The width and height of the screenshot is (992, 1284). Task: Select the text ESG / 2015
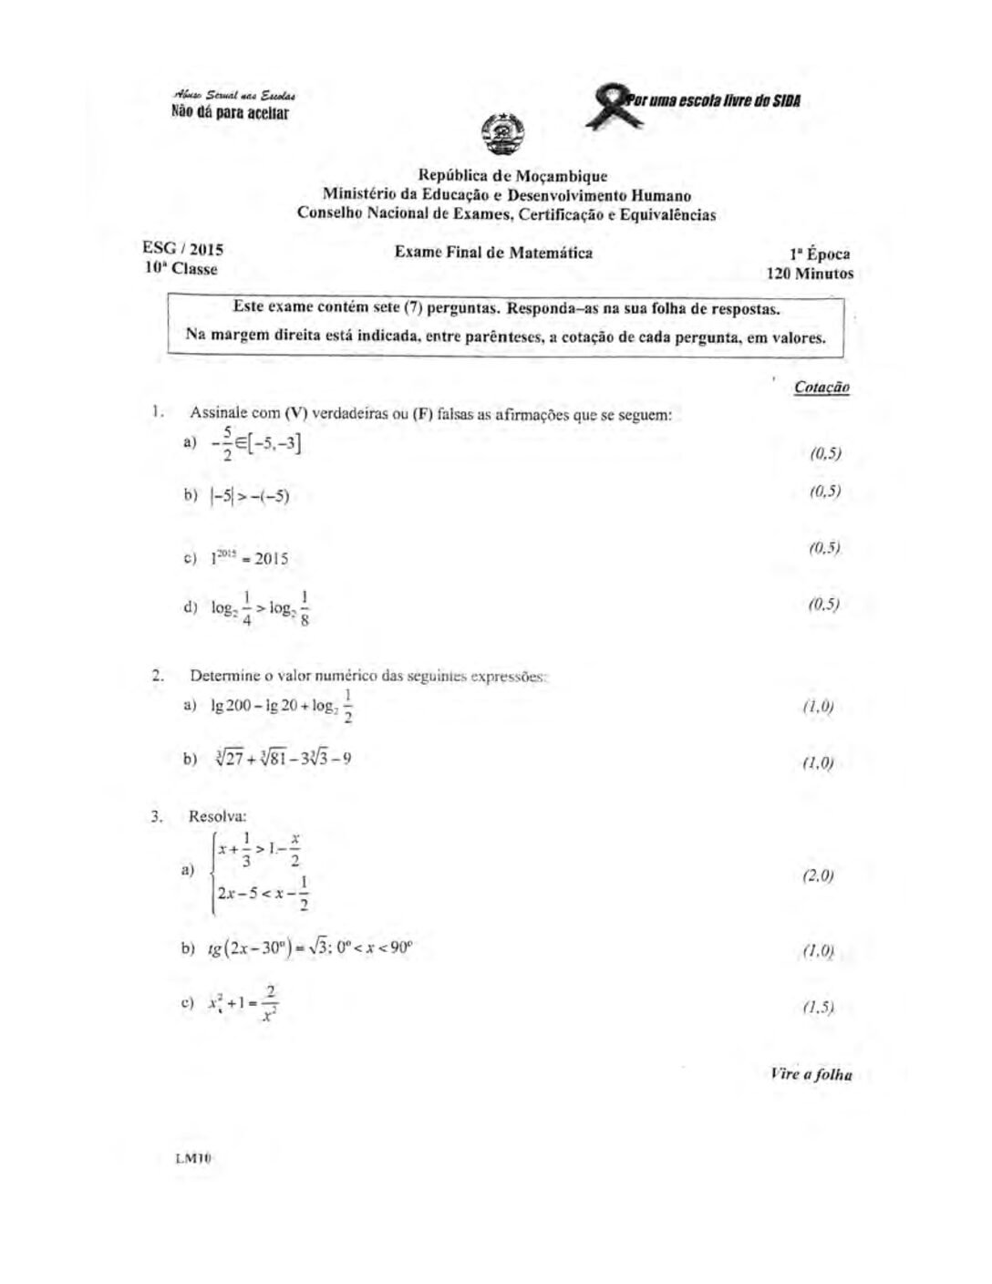(182, 248)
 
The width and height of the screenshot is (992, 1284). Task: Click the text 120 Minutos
(810, 273)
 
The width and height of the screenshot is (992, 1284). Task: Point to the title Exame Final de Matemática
(493, 253)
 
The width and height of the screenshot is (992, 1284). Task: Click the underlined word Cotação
(821, 387)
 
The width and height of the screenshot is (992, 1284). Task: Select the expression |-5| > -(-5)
(249, 496)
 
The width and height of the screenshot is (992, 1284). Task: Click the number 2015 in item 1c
(271, 559)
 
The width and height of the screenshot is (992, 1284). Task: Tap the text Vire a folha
(810, 1074)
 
